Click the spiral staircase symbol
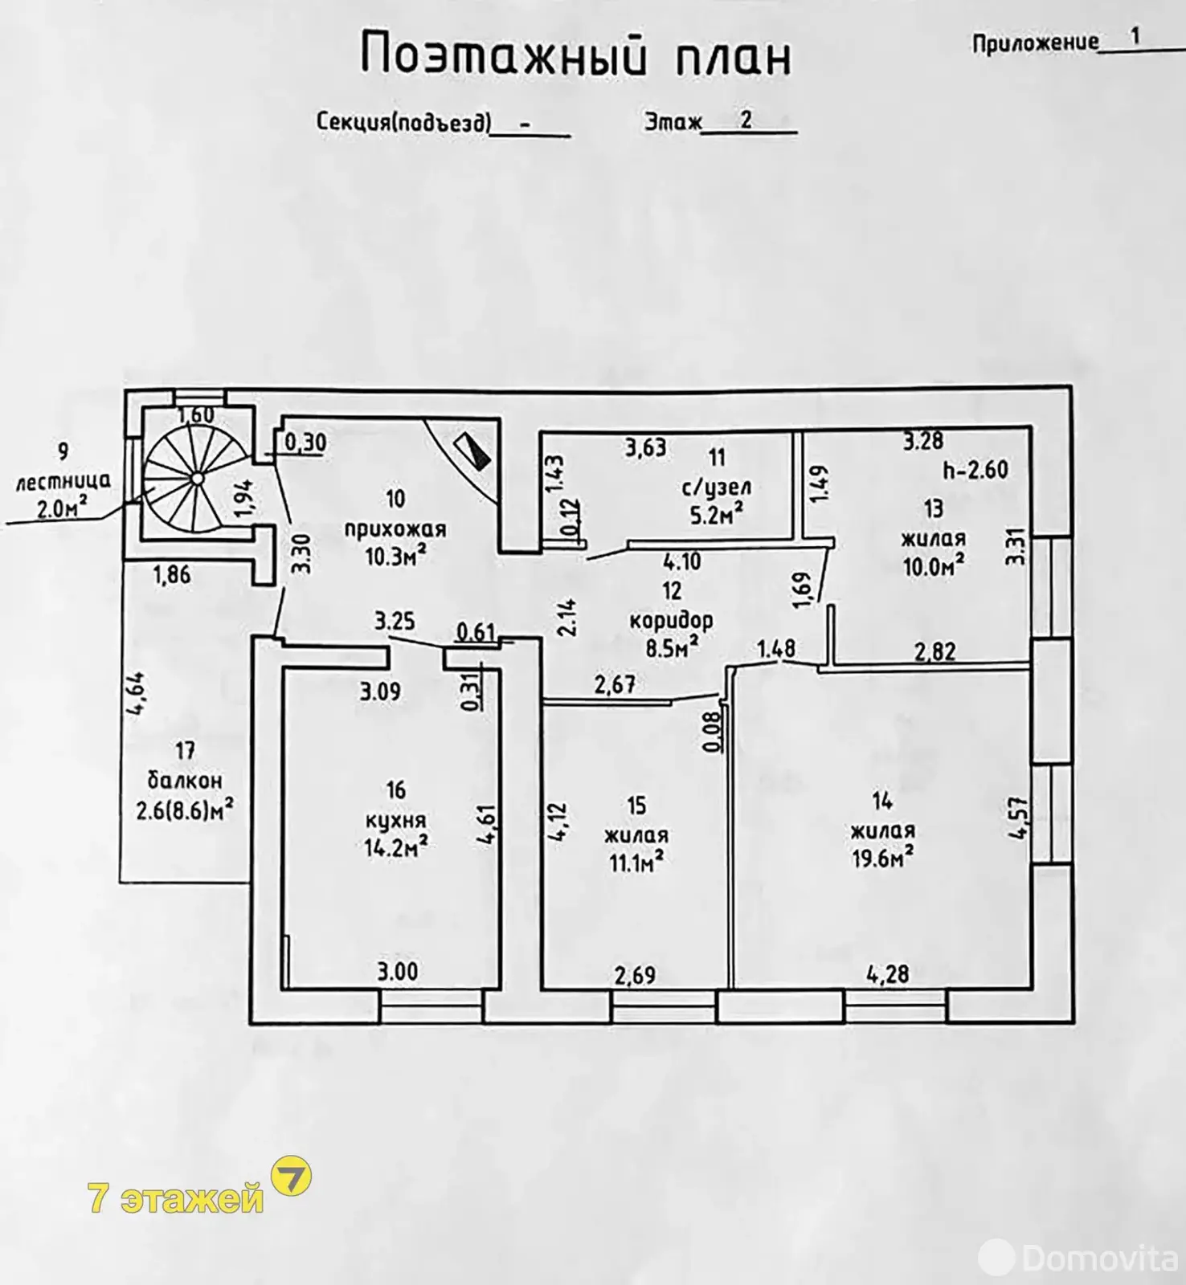pyautogui.click(x=197, y=479)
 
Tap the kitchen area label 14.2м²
pyautogui.click(x=395, y=848)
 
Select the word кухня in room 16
pyautogui.click(x=395, y=820)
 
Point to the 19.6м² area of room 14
pyautogui.click(x=881, y=859)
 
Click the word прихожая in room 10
pyautogui.click(x=395, y=529)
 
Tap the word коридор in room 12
pyautogui.click(x=671, y=620)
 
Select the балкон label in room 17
pyautogui.click(x=185, y=781)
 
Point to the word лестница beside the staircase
pyautogui.click(x=63, y=482)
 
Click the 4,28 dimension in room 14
pyautogui.click(x=887, y=973)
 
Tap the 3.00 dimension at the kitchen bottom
pyautogui.click(x=398, y=972)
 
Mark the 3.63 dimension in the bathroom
pyautogui.click(x=645, y=447)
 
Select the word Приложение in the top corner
pyautogui.click(x=1035, y=43)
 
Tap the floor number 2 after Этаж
pyautogui.click(x=746, y=120)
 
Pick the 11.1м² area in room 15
pyautogui.click(x=635, y=863)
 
